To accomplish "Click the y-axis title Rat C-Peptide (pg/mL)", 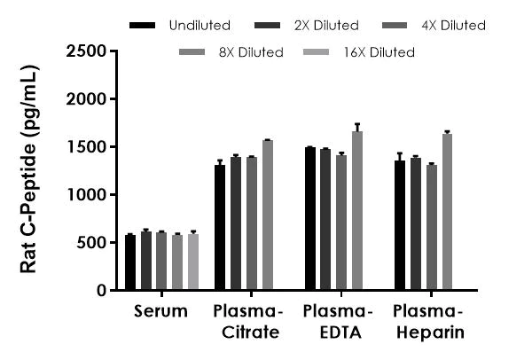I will point(28,168).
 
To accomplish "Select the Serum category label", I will point(161,311).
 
